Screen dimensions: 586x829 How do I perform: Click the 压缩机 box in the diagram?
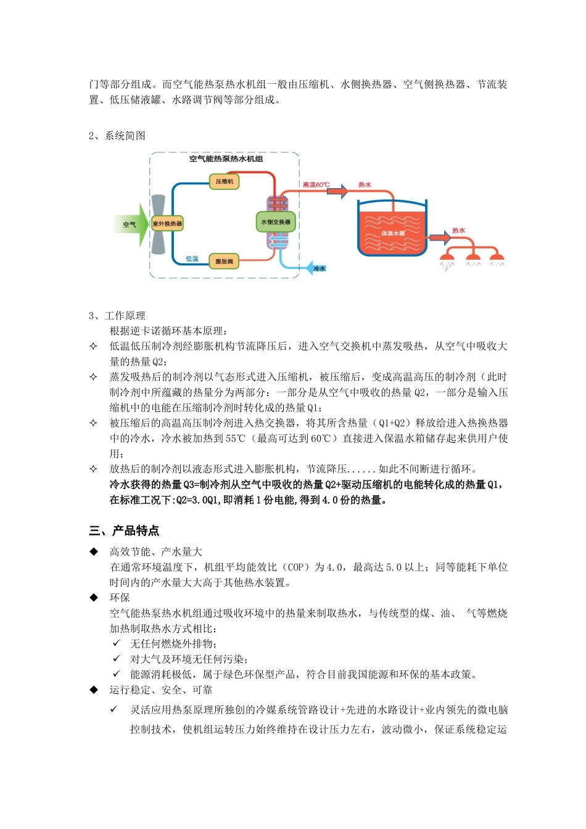[x=225, y=181]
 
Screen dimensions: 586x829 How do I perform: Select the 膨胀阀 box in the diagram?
[x=224, y=262]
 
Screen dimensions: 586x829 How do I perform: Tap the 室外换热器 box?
[x=167, y=223]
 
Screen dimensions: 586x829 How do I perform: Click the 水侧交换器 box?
[x=275, y=221]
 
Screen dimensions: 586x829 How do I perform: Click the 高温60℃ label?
[x=316, y=184]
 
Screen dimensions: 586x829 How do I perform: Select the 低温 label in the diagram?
[x=192, y=259]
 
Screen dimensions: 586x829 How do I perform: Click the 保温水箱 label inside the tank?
[x=392, y=233]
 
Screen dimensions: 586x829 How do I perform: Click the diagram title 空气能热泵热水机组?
[x=226, y=159]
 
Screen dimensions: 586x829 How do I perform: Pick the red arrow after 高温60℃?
[x=337, y=191]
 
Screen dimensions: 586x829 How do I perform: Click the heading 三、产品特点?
[x=124, y=530]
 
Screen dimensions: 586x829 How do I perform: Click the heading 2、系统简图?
[x=117, y=136]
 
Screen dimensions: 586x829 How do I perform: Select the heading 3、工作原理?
[x=117, y=316]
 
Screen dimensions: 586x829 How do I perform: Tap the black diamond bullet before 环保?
[x=94, y=597]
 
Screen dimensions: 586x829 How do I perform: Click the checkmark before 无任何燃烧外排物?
[x=115, y=643]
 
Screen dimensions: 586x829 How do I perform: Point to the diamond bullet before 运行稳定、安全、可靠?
[x=94, y=690]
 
